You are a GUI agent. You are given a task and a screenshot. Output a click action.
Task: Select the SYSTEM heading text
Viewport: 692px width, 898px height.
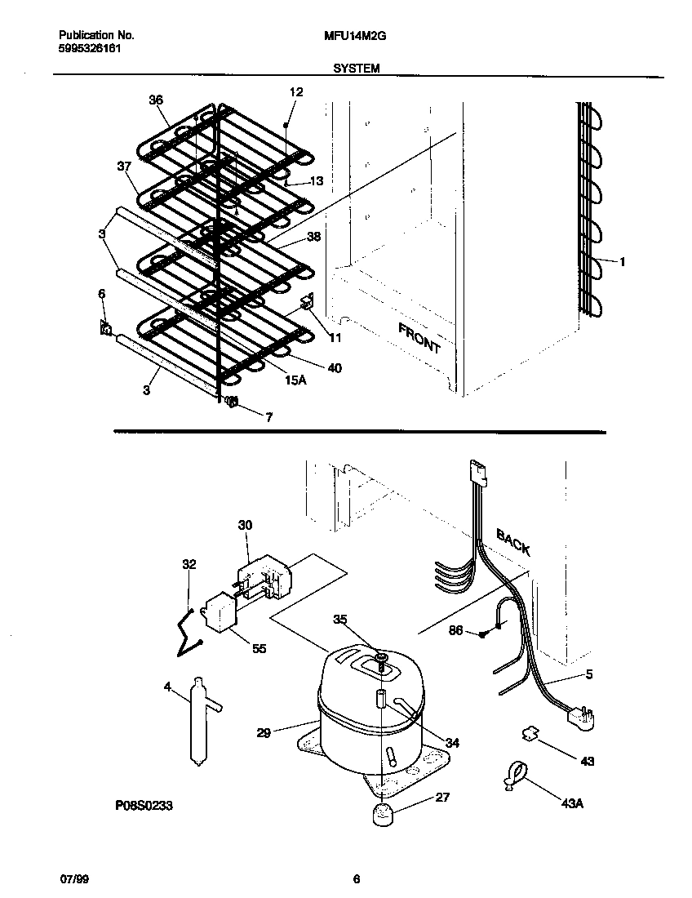tap(356, 69)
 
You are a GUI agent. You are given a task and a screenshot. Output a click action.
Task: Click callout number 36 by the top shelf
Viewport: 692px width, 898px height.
tap(155, 100)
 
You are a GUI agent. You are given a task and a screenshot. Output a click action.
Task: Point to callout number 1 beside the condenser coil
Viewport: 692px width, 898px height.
tap(623, 262)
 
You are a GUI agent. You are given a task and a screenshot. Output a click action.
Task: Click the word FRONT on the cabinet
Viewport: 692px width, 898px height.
tap(419, 338)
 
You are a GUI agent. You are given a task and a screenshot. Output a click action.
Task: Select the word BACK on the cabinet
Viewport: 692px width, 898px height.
tap(513, 541)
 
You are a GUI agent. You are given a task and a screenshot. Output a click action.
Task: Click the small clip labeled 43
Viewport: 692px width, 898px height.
tap(531, 734)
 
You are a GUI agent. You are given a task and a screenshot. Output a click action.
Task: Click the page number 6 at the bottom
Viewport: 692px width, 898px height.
tap(356, 879)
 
